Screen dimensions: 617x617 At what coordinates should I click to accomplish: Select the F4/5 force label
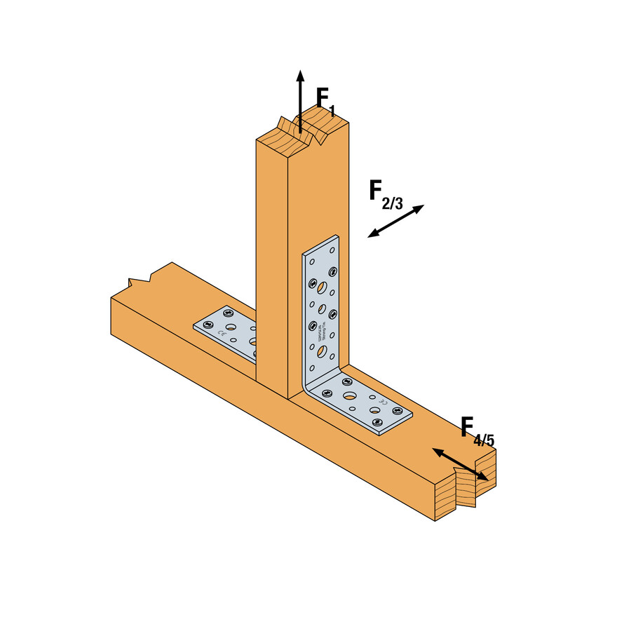(477, 430)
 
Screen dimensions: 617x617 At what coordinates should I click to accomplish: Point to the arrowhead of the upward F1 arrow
(300, 76)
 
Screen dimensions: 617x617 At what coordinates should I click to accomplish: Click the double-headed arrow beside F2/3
(396, 221)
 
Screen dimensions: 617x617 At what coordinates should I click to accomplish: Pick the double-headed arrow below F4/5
(459, 464)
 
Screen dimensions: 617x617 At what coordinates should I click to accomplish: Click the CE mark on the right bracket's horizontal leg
(382, 405)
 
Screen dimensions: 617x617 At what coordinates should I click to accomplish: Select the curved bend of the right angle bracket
(309, 384)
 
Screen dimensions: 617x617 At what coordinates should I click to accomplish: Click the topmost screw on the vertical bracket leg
(332, 252)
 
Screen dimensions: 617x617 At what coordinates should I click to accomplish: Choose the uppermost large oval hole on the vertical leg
(320, 286)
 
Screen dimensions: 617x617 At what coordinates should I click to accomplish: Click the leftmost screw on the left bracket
(206, 325)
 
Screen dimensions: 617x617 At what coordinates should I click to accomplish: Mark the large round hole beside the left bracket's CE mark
(231, 318)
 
